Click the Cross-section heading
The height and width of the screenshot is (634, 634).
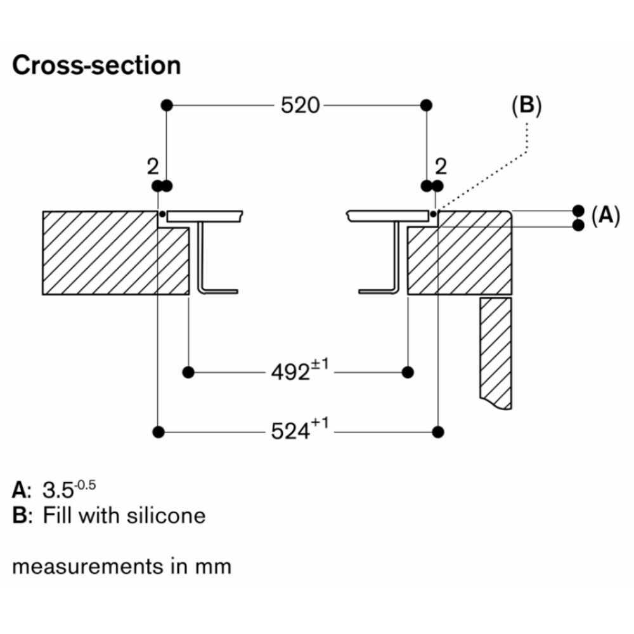96,66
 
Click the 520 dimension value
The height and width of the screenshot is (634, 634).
300,105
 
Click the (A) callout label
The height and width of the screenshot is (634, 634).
604,217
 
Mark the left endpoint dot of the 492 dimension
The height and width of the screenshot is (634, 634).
188,371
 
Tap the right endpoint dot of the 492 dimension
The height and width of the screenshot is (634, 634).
408,371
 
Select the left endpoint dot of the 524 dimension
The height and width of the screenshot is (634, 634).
158,432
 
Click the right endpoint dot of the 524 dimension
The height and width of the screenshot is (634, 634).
437,432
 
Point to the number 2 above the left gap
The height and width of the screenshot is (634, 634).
152,167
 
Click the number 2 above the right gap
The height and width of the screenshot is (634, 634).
441,167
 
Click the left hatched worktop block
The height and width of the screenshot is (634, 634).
101,252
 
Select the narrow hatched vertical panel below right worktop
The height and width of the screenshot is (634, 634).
496,352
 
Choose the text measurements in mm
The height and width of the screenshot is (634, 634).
122,565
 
